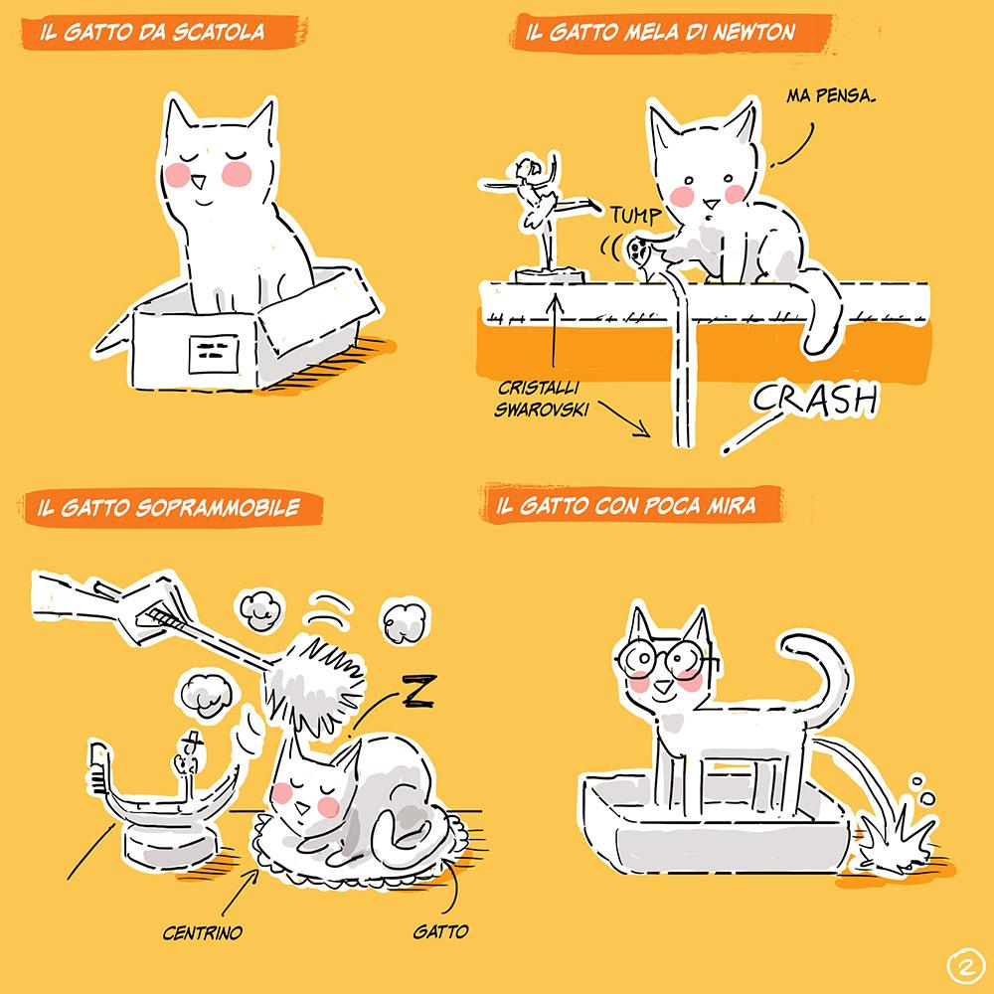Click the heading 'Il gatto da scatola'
coord(152,32)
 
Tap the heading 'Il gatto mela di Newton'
coord(660,32)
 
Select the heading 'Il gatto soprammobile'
coord(168,507)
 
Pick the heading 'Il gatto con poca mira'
coord(625,505)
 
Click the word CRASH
coord(816,400)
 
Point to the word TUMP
coord(636,216)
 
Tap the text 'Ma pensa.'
coord(831,95)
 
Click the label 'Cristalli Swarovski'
coord(541,399)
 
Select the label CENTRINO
coord(202,932)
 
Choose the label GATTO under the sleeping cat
coord(440,931)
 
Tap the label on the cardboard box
coord(214,353)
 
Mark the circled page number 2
coord(966,967)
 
